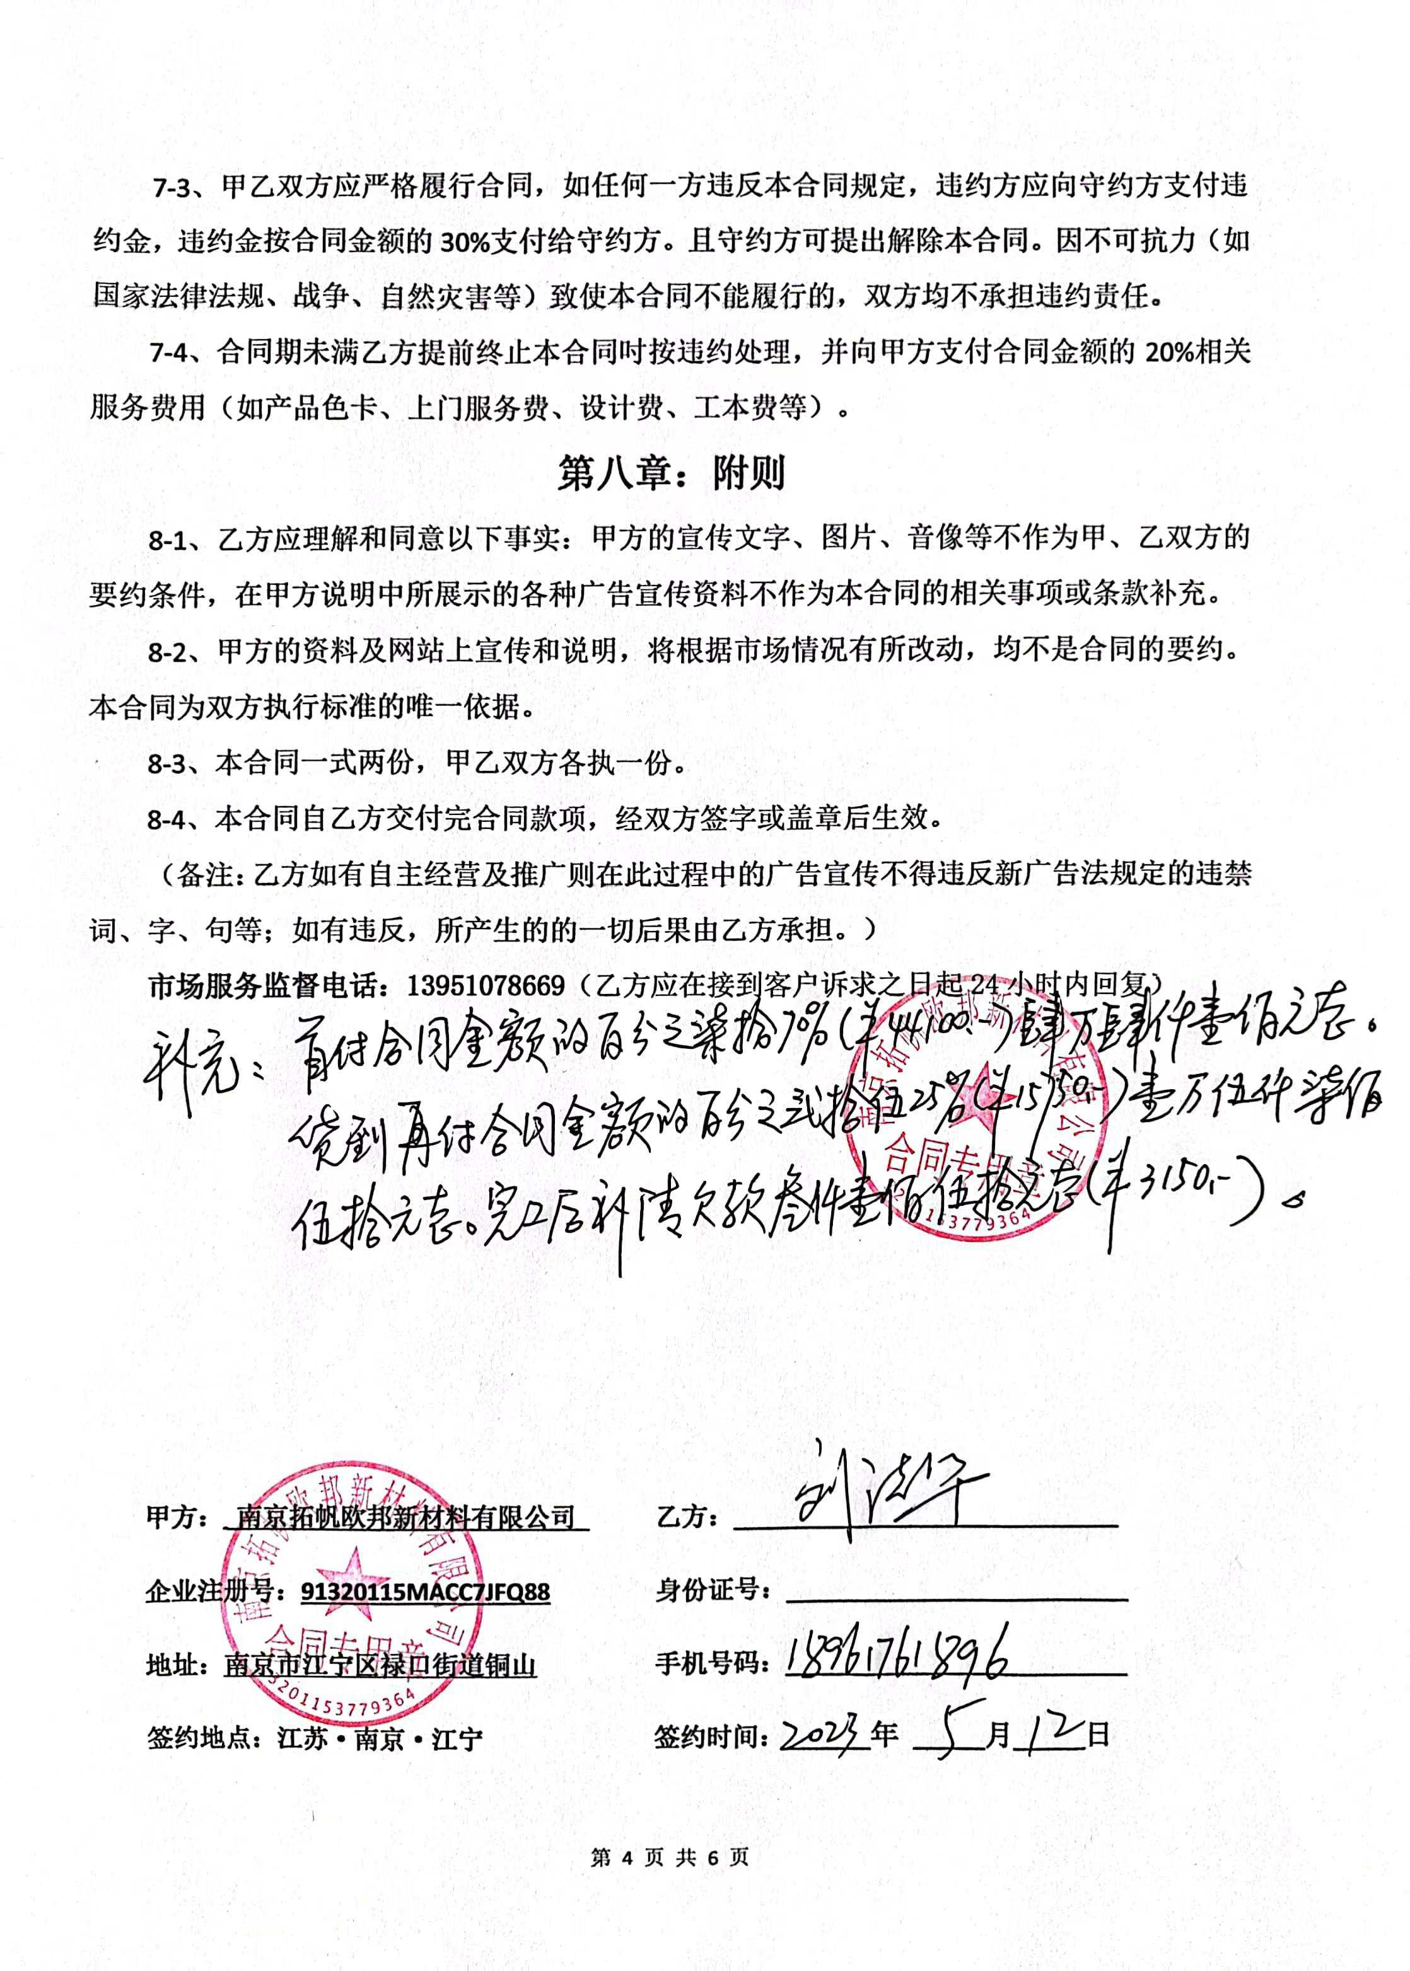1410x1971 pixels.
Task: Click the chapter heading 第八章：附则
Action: coord(671,474)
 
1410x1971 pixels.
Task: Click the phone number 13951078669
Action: coord(486,986)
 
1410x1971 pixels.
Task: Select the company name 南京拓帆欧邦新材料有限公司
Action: coord(405,1517)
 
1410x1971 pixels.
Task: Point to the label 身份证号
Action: coord(714,1590)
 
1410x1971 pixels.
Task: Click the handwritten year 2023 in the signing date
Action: coord(825,1736)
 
